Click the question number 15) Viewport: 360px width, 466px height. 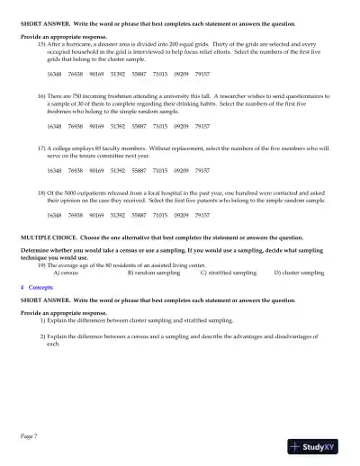41,42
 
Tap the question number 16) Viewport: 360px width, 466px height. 41,94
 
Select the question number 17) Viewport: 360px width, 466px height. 41,145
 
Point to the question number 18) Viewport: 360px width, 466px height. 41,192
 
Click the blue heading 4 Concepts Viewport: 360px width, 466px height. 37,285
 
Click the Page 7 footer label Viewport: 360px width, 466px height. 30,435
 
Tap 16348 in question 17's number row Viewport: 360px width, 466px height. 54,169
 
